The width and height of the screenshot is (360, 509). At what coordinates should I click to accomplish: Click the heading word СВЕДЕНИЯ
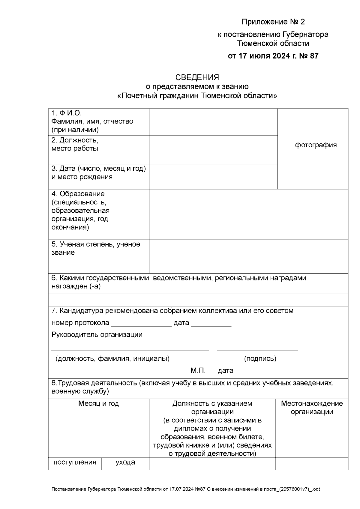[x=197, y=77]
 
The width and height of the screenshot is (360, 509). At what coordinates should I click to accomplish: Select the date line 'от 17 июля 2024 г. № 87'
[x=273, y=56]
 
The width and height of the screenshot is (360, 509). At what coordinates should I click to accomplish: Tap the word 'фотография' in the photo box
[x=316, y=145]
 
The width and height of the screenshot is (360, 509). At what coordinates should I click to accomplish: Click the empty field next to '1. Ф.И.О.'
[x=213, y=122]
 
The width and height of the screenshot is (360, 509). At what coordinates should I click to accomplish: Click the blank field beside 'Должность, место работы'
[x=213, y=149]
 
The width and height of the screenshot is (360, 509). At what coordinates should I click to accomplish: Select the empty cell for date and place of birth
[x=213, y=176]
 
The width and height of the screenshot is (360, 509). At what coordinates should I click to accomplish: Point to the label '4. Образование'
[x=78, y=194]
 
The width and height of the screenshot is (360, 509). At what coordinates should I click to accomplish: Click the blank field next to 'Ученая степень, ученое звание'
[x=248, y=256]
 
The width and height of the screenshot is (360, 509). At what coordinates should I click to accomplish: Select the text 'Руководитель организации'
[x=97, y=335]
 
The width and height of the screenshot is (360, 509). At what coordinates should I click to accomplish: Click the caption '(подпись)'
[x=260, y=359]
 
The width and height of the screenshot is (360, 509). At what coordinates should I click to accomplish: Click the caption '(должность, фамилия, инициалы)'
[x=112, y=359]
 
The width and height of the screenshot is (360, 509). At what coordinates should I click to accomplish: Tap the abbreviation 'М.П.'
[x=198, y=371]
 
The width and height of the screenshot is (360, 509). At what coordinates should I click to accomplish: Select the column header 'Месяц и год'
[x=98, y=404]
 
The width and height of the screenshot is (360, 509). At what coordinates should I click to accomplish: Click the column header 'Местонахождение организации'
[x=312, y=408]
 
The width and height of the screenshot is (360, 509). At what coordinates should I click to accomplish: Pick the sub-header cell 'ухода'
[x=125, y=462]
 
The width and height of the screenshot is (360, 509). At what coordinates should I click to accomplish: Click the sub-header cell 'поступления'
[x=75, y=462]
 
